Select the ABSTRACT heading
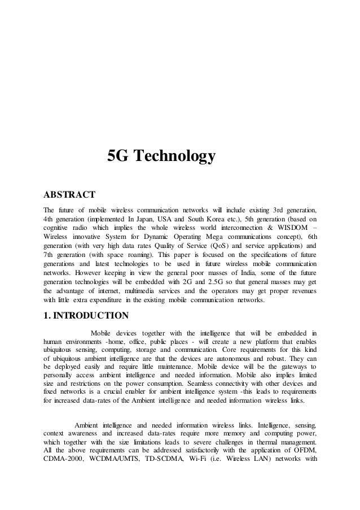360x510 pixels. click(x=69, y=195)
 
